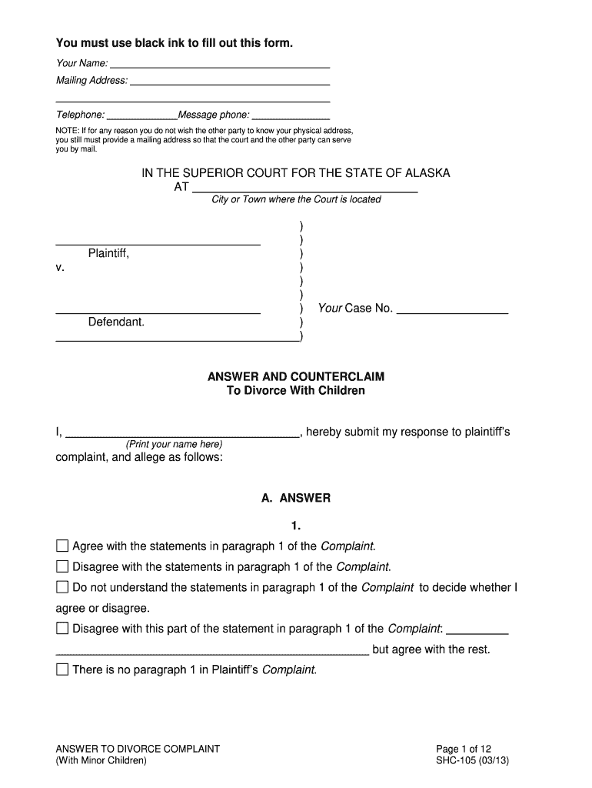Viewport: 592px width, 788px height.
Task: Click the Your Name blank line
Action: pyautogui.click(x=220, y=63)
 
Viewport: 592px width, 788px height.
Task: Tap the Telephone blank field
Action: pyautogui.click(x=141, y=115)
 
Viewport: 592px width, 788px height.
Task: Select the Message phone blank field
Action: pyautogui.click(x=291, y=115)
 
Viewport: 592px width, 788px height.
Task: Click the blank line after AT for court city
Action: pyautogui.click(x=304, y=187)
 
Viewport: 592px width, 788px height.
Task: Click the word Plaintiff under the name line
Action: pyautogui.click(x=108, y=253)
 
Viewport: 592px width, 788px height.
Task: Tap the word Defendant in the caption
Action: pyautogui.click(x=116, y=322)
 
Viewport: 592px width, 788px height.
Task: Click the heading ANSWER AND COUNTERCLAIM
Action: pyautogui.click(x=296, y=377)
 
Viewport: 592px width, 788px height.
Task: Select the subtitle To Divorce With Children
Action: pyautogui.click(x=296, y=391)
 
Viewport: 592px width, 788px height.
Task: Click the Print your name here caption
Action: pyautogui.click(x=174, y=445)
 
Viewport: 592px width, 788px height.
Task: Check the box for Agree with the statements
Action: pyautogui.click(x=62, y=546)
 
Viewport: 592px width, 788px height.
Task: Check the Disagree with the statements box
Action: pyautogui.click(x=62, y=567)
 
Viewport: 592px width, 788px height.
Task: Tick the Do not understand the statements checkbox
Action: pyautogui.click(x=62, y=588)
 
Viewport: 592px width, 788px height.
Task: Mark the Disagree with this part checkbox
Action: pyautogui.click(x=62, y=629)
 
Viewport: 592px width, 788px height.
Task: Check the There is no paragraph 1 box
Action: pyautogui.click(x=62, y=669)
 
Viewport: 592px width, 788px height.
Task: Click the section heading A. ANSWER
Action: pyautogui.click(x=296, y=499)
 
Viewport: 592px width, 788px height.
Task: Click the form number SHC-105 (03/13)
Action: pyautogui.click(x=472, y=761)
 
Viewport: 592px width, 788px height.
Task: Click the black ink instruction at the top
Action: pyautogui.click(x=175, y=43)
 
